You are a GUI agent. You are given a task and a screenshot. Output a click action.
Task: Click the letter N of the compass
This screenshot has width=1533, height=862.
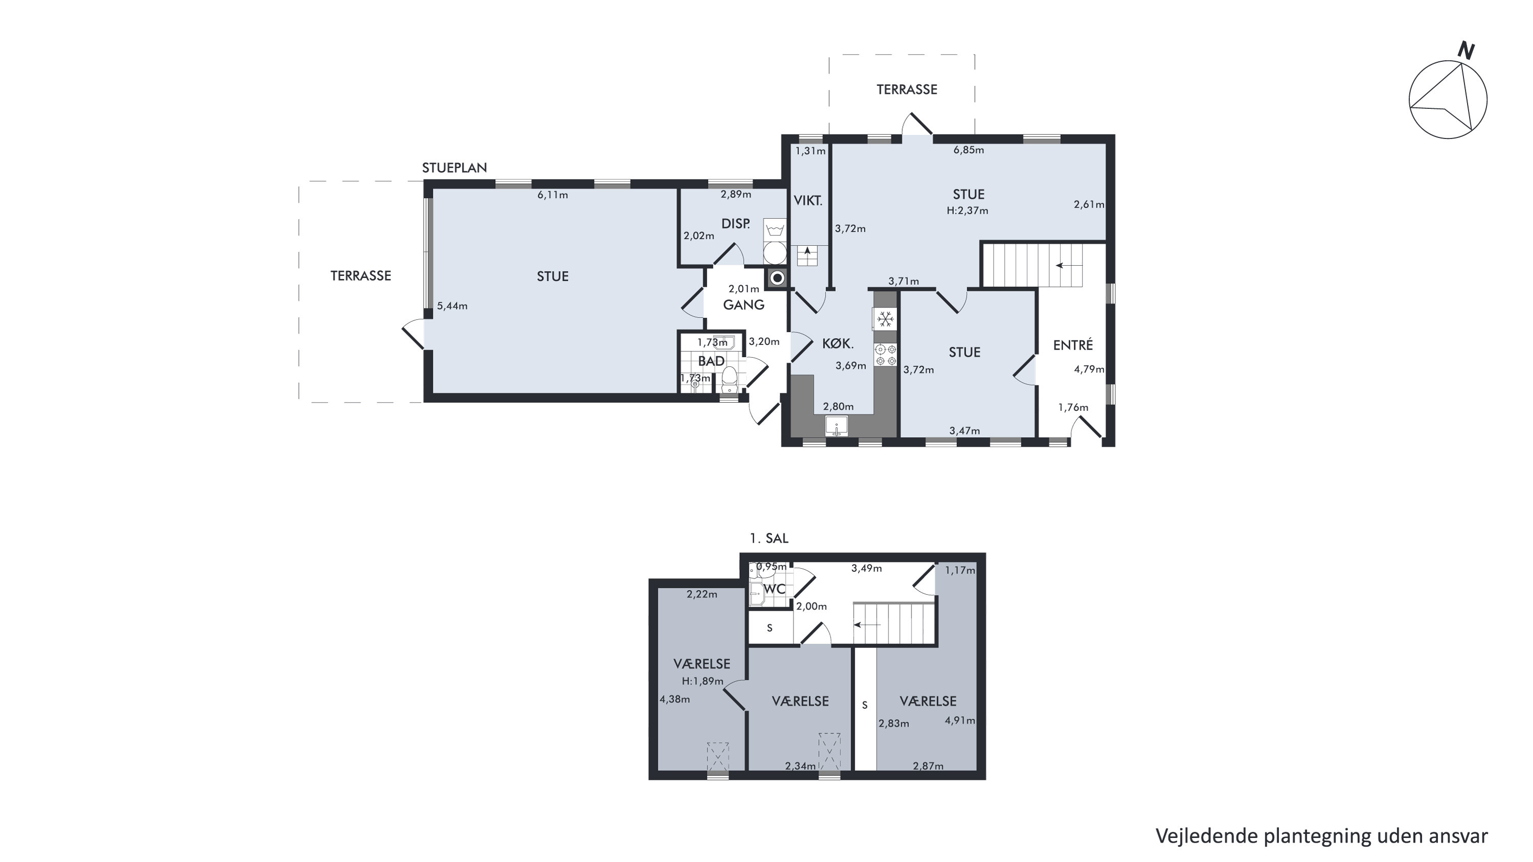tap(1466, 51)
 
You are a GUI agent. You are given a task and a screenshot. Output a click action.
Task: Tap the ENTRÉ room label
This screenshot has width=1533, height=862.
tap(1073, 345)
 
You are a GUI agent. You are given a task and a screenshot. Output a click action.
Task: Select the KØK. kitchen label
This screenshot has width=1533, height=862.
tap(838, 343)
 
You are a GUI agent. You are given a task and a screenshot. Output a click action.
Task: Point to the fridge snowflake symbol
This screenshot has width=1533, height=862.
tap(885, 319)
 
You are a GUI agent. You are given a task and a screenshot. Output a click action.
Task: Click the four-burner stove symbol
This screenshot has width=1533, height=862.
tap(885, 355)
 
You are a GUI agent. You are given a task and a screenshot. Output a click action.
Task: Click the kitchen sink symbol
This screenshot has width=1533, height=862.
tap(837, 427)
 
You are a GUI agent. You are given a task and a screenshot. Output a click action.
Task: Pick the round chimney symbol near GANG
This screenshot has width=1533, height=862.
tap(777, 278)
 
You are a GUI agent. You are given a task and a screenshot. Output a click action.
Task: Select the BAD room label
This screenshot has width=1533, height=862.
tap(711, 361)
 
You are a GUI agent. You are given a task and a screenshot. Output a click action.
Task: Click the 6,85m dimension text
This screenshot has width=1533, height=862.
tap(969, 150)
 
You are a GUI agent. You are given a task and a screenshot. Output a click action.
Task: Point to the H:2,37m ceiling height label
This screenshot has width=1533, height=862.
tap(968, 211)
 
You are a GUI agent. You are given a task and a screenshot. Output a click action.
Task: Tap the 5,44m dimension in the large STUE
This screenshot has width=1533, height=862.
tap(452, 307)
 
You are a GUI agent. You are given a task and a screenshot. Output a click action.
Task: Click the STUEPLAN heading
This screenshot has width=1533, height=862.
tap(454, 168)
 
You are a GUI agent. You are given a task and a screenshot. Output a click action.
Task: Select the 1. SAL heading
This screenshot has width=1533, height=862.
tap(769, 539)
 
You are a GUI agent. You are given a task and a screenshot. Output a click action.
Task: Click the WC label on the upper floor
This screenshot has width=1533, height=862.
tap(774, 589)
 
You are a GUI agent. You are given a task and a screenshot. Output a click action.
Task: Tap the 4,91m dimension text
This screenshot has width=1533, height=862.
tap(960, 720)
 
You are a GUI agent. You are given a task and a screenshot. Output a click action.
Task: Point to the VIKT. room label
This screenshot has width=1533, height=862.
tap(808, 201)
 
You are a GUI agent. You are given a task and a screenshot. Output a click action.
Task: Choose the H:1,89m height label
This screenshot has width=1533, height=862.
tap(703, 681)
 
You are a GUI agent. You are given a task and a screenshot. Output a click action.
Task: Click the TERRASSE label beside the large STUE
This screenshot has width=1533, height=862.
tap(361, 276)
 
